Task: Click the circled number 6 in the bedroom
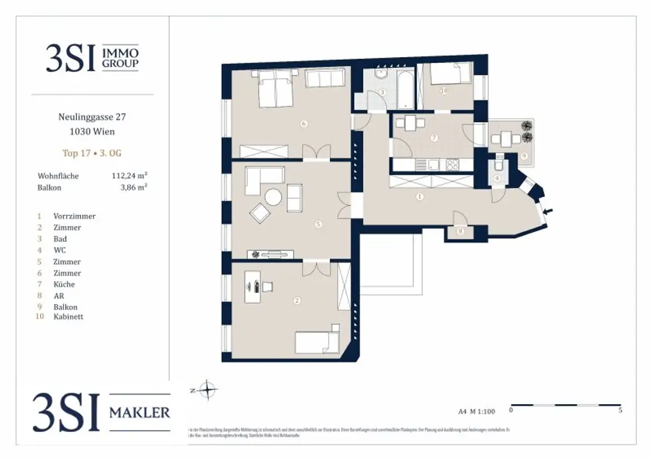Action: [304, 124]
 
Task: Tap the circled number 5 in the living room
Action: [319, 224]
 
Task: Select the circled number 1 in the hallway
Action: [420, 197]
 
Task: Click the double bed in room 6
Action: [275, 89]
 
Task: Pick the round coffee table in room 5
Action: [273, 198]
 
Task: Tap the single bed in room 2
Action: [317, 342]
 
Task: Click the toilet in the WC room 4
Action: [499, 166]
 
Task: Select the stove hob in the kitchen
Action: [453, 165]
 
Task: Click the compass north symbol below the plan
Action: [207, 389]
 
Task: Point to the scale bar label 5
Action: [620, 410]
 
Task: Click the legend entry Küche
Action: [64, 285]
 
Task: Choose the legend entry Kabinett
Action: [68, 316]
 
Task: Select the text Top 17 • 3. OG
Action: [92, 153]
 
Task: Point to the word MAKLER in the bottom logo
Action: [140, 412]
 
